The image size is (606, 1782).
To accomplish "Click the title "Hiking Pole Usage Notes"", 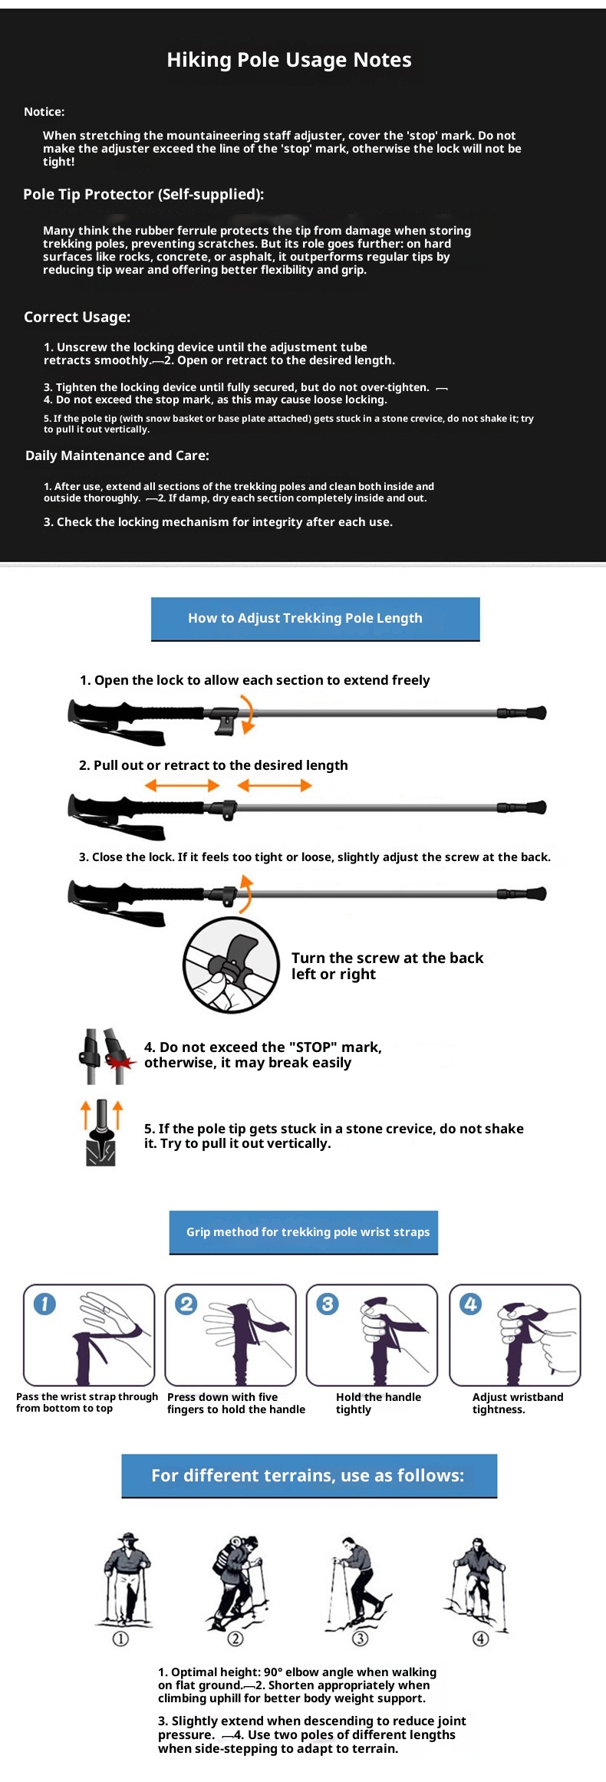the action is [x=289, y=60].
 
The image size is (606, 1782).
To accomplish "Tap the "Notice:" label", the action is [x=44, y=112].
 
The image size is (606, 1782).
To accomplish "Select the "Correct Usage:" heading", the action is [x=77, y=317].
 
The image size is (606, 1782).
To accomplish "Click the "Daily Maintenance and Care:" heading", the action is [x=117, y=455].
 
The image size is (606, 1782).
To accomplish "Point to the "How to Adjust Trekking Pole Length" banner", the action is [x=315, y=619].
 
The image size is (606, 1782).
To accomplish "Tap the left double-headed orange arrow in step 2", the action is [x=182, y=785].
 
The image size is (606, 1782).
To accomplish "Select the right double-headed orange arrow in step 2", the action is [x=275, y=785].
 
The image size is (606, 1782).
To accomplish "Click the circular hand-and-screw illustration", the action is [x=231, y=965].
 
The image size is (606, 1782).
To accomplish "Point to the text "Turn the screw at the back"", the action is [x=387, y=958].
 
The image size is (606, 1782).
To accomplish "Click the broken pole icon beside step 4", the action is [x=107, y=1056].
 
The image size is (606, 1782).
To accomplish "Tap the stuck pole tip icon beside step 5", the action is [x=101, y=1133].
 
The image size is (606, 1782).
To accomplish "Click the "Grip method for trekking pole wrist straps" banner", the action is [x=304, y=1232].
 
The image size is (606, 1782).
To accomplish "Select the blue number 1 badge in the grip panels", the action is [x=44, y=1304].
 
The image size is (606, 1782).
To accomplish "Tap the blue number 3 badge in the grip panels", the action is [x=328, y=1304].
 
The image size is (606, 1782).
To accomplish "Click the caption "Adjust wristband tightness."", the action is [x=518, y=1403].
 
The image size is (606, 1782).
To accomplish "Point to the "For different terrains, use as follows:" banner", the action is [x=309, y=1476].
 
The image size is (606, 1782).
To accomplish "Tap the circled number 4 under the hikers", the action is [x=480, y=1639].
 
